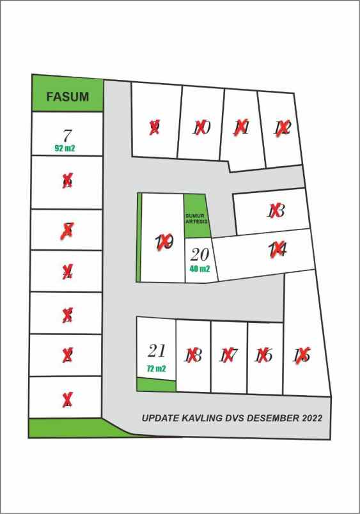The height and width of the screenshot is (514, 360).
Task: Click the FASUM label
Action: [x=67, y=98]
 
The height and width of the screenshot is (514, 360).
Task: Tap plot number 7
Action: [x=67, y=136]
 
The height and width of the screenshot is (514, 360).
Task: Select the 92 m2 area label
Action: [x=67, y=147]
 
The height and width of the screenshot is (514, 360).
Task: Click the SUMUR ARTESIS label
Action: [x=194, y=219]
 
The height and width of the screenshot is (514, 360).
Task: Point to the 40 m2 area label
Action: [x=200, y=269]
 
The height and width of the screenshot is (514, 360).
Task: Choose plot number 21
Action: [x=157, y=350]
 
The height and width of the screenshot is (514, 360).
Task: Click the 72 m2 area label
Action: [x=156, y=369]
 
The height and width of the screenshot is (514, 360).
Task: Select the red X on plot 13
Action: [x=276, y=210]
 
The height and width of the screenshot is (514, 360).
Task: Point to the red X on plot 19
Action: [x=165, y=242]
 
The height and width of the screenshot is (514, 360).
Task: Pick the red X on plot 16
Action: [x=263, y=355]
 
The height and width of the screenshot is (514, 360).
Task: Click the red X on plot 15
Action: [x=302, y=355]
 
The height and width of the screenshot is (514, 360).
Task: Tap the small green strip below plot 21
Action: [x=156, y=384]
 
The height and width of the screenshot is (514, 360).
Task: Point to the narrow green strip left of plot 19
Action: [x=138, y=238]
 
